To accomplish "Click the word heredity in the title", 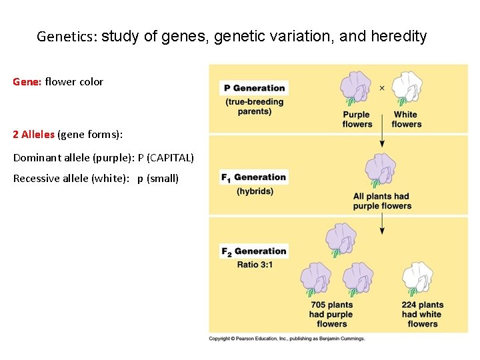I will pos(398,37).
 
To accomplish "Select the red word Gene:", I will pos(27,82).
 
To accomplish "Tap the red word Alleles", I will pos(38,134).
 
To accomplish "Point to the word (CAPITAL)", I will pos(171,158).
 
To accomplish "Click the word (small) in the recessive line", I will pos(163,178).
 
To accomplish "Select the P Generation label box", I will pos(254,88).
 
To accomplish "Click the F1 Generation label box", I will pos(254,177).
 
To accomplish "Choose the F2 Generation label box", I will pos(254,251).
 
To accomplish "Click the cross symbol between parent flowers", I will pos(382,87).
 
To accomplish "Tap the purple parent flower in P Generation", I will pos(356,89).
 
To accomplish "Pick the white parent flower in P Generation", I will pos(406,88).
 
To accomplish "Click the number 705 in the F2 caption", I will pos(319,305).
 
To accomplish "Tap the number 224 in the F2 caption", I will pos(410,305).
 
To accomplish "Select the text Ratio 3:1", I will pos(255,265).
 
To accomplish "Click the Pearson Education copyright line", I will pos(287,339).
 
